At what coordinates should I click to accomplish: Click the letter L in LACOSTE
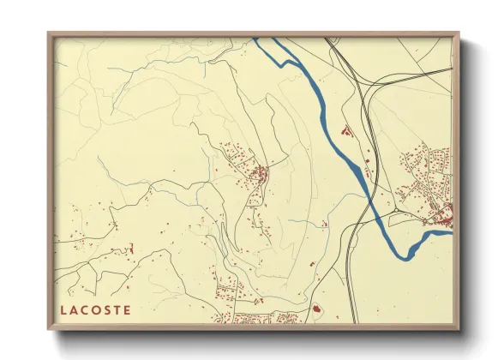pos(63,310)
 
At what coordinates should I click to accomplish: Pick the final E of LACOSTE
pos(128,310)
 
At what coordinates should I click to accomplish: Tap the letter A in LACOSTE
pos(75,310)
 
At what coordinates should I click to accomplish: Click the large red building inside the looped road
pos(315,308)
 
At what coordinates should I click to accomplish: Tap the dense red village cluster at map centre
pos(258,176)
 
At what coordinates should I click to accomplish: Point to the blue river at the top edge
pos(261,40)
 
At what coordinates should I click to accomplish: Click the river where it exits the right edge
pos(448,228)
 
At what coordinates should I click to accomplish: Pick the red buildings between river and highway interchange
pos(346,132)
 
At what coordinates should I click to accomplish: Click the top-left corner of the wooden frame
pos(49,34)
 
